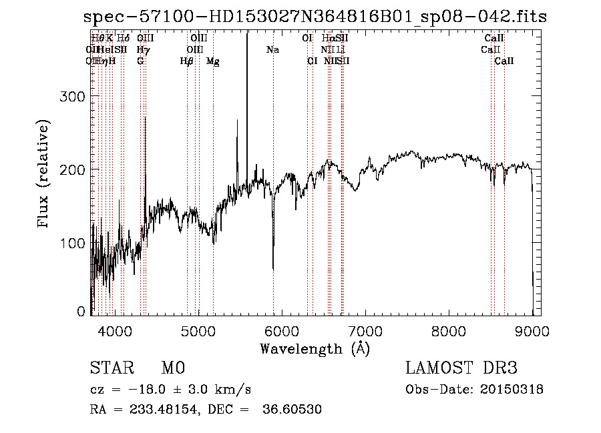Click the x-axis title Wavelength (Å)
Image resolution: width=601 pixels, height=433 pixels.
[x=315, y=348]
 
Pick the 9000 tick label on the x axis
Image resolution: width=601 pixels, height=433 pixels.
[x=532, y=330]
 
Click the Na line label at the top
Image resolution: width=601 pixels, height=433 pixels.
[x=272, y=50]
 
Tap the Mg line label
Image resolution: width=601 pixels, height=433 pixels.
[x=212, y=61]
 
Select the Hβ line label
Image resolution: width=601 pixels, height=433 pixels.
[x=186, y=61]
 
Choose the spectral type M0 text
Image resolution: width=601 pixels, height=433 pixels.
[x=172, y=368]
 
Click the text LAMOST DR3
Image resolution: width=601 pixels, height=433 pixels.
[x=461, y=368]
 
